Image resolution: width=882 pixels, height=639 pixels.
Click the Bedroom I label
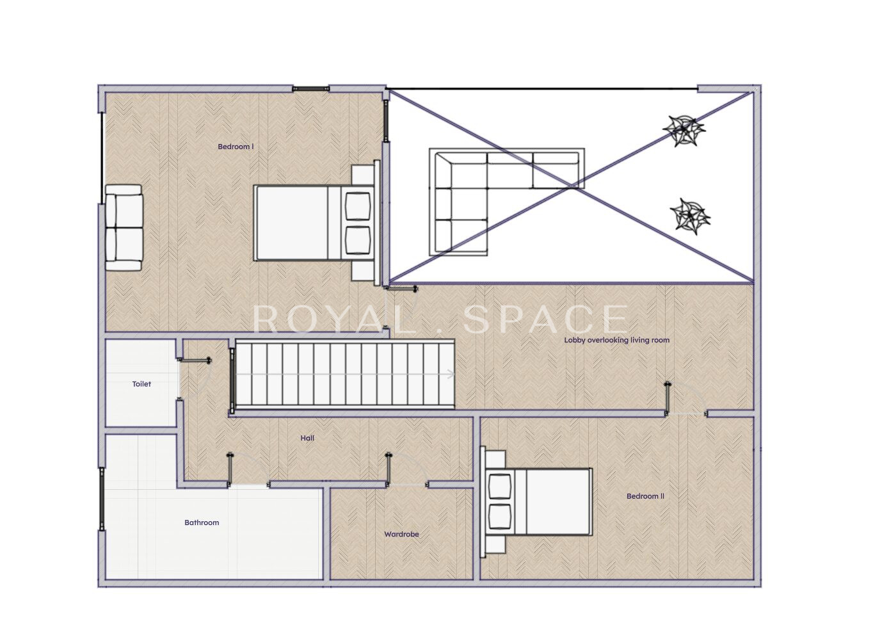point(236,147)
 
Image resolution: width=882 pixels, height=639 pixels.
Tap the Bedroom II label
point(645,496)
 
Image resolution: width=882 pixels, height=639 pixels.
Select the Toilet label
point(141,384)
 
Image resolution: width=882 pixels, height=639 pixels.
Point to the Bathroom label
point(202,522)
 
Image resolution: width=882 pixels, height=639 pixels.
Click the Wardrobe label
point(401,534)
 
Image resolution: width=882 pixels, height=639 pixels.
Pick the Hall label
point(307,438)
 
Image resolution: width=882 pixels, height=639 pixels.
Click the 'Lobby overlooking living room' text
point(616,340)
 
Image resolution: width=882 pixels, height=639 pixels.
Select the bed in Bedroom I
point(314,223)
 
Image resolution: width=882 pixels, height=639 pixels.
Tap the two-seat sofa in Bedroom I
point(124,228)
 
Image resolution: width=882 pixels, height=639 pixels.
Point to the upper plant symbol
point(684,130)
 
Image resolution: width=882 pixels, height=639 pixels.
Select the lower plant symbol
point(690,216)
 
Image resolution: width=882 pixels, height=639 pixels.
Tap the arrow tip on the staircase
point(454,375)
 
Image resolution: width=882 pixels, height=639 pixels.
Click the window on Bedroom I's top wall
point(310,89)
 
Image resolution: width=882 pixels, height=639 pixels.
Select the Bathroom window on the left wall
point(102,499)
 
